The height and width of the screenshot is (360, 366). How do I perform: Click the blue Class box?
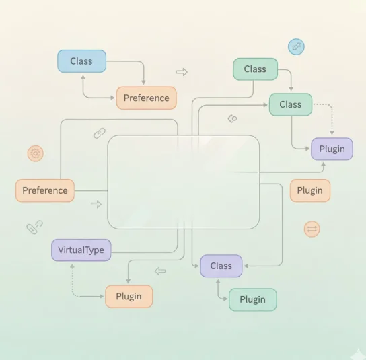[x=81, y=61]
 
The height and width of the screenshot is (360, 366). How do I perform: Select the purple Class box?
[x=221, y=266]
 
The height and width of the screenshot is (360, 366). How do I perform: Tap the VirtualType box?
[x=81, y=250]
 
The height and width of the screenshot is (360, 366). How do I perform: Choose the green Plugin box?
[x=253, y=299]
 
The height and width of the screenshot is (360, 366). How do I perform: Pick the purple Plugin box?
[x=332, y=149]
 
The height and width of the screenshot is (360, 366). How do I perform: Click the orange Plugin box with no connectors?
[x=310, y=190]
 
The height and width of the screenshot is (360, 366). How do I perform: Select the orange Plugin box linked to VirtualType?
[x=129, y=297]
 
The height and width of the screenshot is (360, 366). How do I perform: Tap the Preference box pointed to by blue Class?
[x=147, y=98]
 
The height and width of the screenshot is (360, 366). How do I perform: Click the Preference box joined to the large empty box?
[x=45, y=190]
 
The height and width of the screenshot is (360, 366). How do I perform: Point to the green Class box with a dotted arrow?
[x=291, y=104]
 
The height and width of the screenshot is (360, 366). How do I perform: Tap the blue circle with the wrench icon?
[x=296, y=46]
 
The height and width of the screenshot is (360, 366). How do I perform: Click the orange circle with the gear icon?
[x=36, y=153]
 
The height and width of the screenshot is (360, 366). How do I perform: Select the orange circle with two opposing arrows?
[x=312, y=229]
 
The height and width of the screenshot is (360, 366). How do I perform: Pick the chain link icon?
[x=100, y=133]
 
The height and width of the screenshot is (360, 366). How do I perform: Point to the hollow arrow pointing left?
[x=160, y=271]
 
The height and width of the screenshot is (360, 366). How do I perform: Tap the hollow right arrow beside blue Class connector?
[x=182, y=72]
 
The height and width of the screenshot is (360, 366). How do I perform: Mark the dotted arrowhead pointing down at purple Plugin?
[x=332, y=133]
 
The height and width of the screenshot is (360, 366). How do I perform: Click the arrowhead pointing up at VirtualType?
[x=73, y=266]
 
